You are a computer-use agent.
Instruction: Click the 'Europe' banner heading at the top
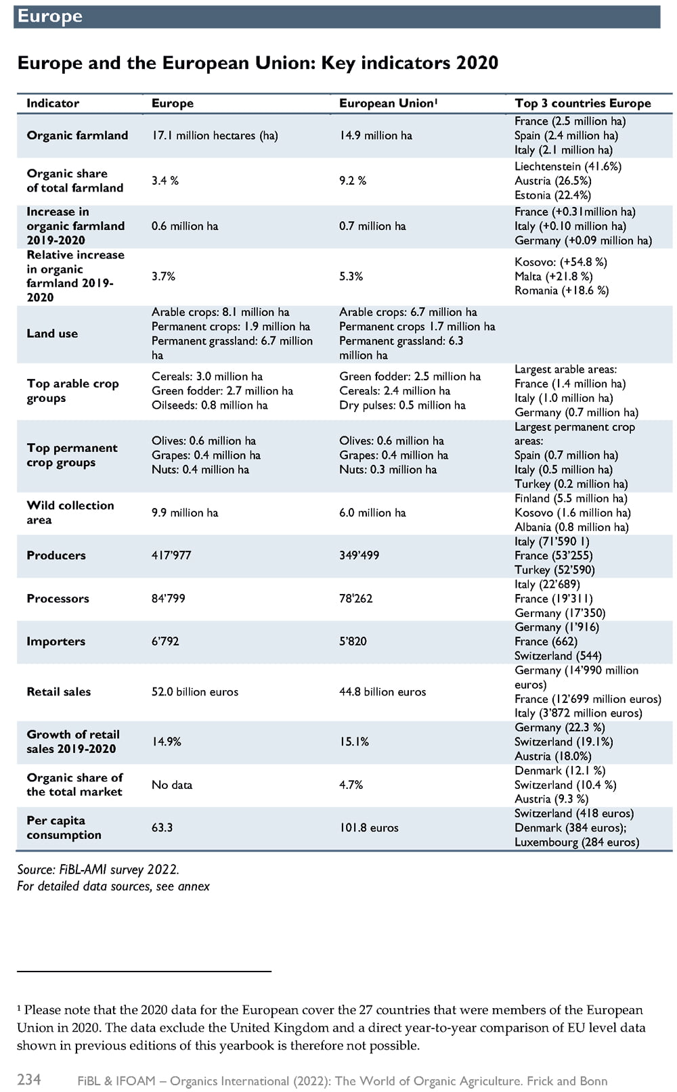[x=50, y=16]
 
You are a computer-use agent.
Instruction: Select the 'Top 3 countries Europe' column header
[x=582, y=104]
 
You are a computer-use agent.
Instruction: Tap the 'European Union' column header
[x=388, y=104]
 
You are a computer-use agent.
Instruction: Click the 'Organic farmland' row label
[x=77, y=135]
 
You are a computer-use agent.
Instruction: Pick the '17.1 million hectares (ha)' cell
[x=215, y=135]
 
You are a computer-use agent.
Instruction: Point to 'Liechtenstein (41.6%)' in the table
[x=568, y=166]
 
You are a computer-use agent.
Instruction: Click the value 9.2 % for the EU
[x=353, y=181]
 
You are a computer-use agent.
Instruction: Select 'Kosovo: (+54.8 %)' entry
[x=561, y=263]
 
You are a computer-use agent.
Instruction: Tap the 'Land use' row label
[x=52, y=334]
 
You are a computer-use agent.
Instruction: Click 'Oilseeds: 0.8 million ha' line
[x=210, y=405]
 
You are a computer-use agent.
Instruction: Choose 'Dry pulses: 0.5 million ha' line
[x=402, y=405]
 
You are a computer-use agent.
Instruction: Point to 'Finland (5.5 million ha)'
[x=571, y=498]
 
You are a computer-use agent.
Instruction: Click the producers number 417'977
[x=171, y=555]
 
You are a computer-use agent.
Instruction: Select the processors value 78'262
[x=355, y=598]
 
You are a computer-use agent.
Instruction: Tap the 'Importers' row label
[x=56, y=641]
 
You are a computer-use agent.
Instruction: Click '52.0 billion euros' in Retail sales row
[x=195, y=691]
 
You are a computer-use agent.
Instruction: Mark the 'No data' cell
[x=172, y=785]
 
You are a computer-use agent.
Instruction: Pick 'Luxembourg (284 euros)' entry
[x=577, y=842]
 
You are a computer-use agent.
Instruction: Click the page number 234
[x=29, y=1079]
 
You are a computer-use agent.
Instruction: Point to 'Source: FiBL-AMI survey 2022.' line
[x=98, y=869]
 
